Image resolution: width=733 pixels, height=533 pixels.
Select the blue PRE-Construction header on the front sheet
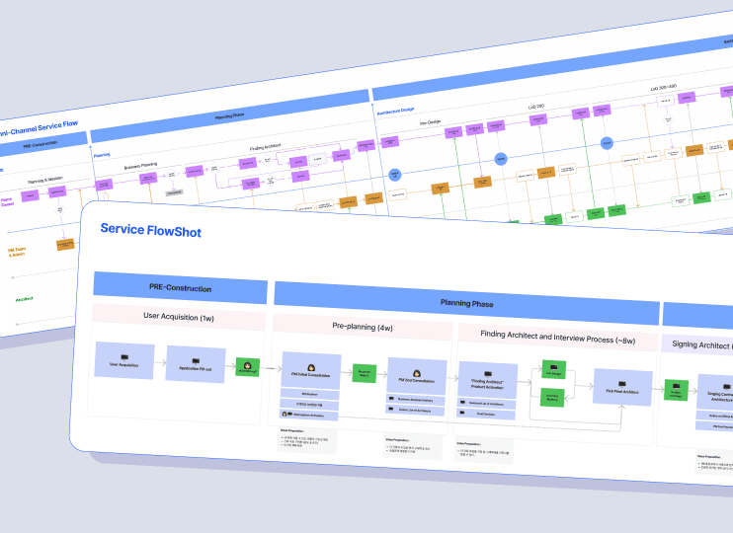point(180,288)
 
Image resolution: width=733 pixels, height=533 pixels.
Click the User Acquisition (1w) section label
point(179,317)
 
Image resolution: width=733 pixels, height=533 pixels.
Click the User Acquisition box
point(124,360)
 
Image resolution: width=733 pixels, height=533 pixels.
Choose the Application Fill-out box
point(196,364)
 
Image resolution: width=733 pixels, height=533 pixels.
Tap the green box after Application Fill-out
point(247,368)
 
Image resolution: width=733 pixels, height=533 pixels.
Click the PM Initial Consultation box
point(311,372)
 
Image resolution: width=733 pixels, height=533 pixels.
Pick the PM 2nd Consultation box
point(417,377)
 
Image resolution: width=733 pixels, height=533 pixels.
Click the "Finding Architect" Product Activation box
point(488,382)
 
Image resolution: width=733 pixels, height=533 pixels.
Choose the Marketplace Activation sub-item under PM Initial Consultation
point(310,416)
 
